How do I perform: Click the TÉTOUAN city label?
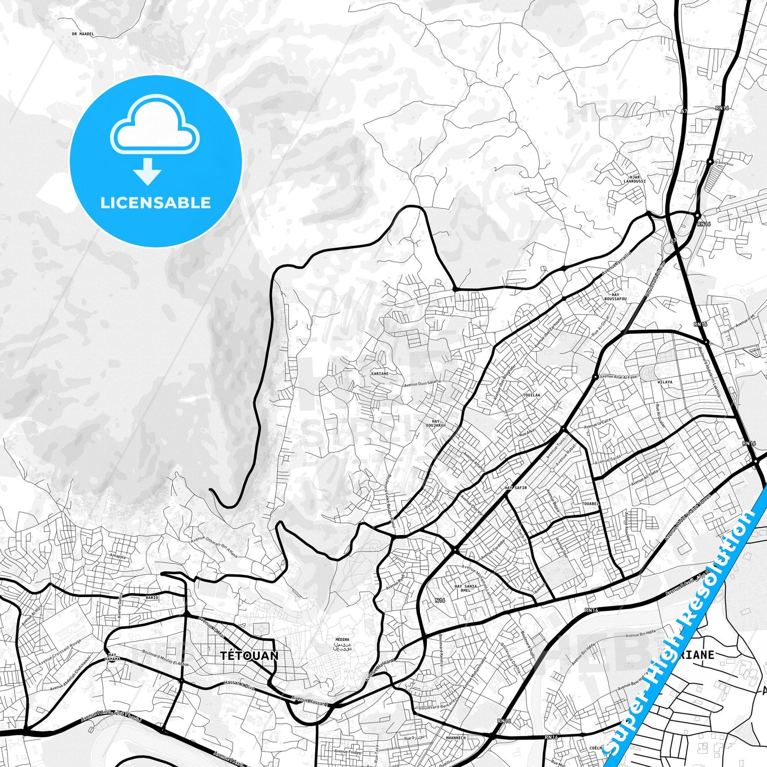249,656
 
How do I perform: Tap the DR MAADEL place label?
82,34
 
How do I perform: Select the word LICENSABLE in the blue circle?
156,202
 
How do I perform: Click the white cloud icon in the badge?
154,128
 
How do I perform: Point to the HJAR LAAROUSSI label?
634,179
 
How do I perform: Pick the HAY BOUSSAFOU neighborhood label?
615,297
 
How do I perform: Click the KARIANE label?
380,374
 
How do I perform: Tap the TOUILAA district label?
531,395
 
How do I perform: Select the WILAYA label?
665,382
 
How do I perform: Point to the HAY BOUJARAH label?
436,423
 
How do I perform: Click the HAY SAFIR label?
515,487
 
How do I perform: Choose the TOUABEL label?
590,503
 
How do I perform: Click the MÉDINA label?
342,640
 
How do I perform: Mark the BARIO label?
152,598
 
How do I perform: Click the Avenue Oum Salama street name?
422,383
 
